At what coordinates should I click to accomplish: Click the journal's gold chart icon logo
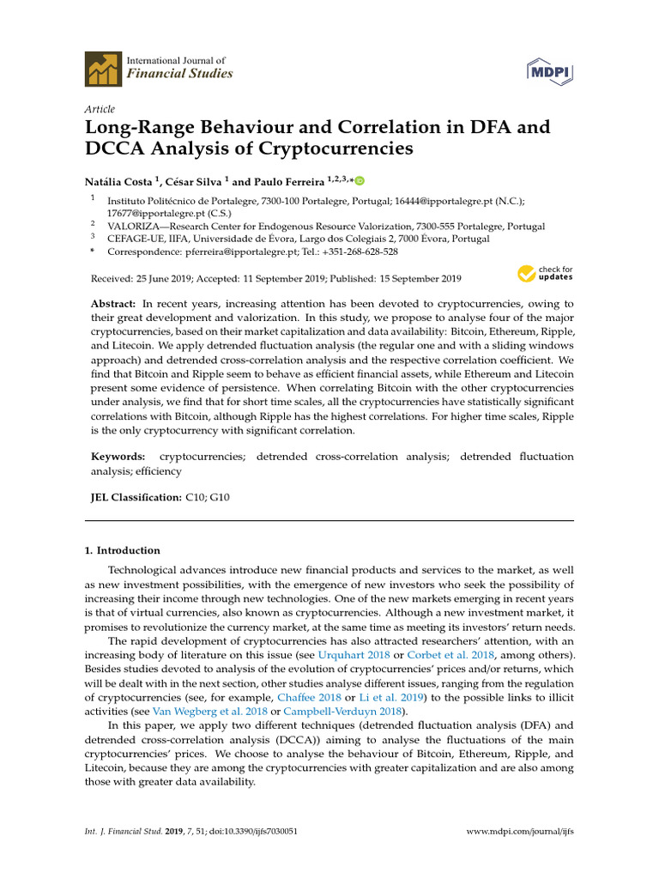[x=101, y=68]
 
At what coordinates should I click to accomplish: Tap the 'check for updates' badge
[x=545, y=274]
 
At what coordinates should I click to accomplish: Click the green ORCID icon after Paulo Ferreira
[x=360, y=181]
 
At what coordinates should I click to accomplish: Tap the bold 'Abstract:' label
[x=113, y=305]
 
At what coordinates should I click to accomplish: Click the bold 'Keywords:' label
[x=118, y=458]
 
